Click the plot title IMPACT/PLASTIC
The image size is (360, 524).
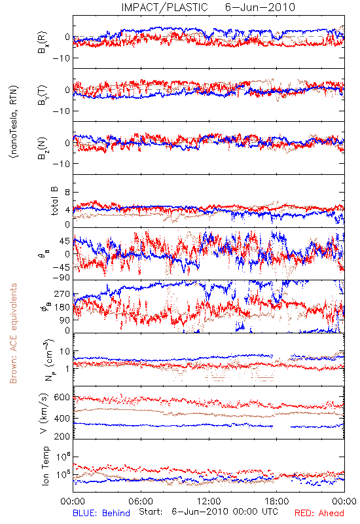[x=164, y=7]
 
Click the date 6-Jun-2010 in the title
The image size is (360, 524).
[x=260, y=7]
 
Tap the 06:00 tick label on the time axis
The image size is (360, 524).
[x=141, y=501]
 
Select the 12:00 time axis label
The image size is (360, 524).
[x=209, y=501]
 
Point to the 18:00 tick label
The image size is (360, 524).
[x=277, y=501]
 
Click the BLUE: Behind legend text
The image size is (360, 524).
[x=101, y=513]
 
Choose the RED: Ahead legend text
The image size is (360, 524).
[x=319, y=513]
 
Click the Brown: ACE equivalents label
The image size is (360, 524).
[x=13, y=333]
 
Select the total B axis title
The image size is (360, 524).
[x=54, y=201]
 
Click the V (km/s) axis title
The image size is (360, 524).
[x=44, y=413]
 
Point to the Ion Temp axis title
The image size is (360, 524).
[x=45, y=466]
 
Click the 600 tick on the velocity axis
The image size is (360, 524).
[x=62, y=398]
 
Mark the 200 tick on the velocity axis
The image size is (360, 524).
[x=62, y=436]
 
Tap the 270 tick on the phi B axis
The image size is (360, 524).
[x=62, y=294]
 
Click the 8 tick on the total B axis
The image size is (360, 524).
[x=67, y=192]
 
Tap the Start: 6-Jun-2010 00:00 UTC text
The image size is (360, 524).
[x=208, y=512]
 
